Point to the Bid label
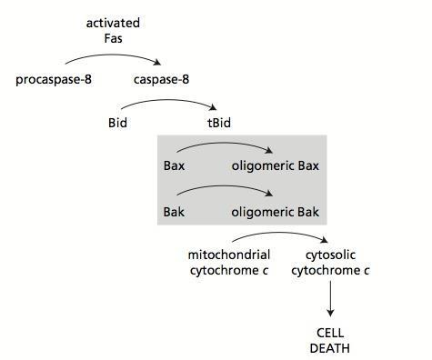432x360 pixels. (x=118, y=124)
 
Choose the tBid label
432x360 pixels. (x=220, y=124)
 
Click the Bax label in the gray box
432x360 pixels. (x=174, y=165)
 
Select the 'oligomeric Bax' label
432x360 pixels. (x=276, y=165)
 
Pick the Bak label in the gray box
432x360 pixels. (x=174, y=212)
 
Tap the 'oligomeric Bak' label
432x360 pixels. (x=276, y=212)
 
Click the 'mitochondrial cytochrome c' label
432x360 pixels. (x=229, y=262)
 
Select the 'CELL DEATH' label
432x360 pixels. (x=329, y=341)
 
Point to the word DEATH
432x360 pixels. (x=329, y=348)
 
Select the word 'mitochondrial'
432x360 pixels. (x=229, y=255)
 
